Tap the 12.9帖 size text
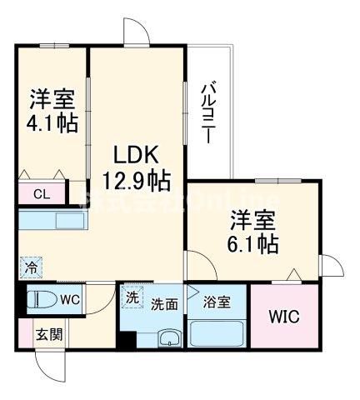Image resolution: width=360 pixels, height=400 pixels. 137,181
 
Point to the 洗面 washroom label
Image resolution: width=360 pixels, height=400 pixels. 163,304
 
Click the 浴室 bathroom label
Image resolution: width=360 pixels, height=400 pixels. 217,304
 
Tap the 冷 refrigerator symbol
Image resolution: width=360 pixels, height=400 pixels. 27,269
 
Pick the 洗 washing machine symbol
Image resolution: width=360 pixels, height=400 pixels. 131,296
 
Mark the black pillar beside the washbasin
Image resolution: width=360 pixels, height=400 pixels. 126,340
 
